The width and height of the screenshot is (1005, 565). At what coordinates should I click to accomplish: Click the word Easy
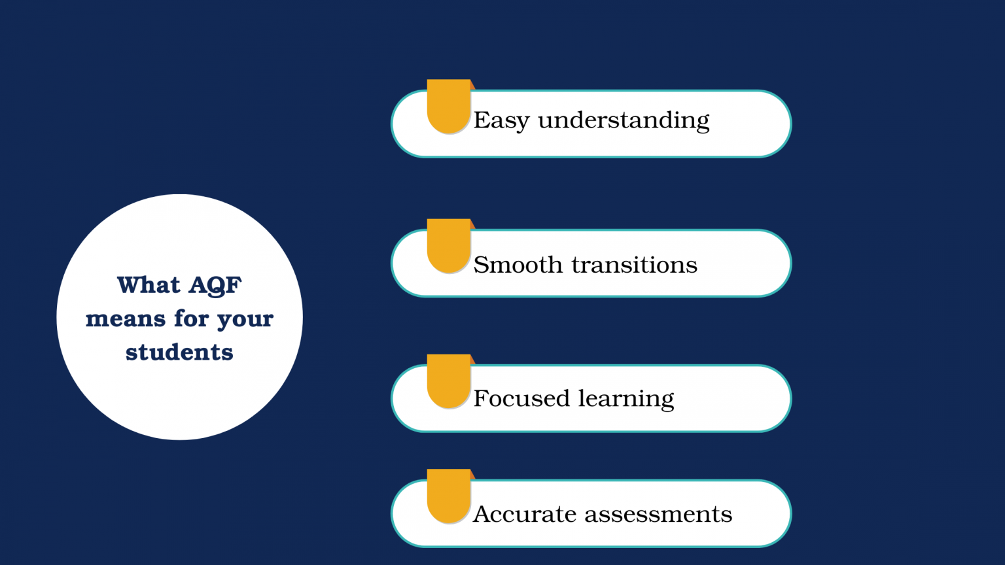coord(502,120)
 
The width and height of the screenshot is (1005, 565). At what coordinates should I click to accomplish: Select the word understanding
coord(624,120)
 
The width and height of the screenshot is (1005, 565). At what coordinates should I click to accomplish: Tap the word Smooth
coord(518,264)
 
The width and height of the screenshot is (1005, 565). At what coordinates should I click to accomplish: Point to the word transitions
coord(635,265)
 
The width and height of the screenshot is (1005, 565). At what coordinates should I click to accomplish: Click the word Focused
coord(521,398)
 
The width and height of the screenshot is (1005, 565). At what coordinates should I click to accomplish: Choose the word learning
coord(626,399)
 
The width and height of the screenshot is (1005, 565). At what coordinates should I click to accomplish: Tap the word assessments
coord(658,515)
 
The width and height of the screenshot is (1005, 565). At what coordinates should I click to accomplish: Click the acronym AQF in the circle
coord(215,286)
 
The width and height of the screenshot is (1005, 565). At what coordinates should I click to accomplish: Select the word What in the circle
coord(149,285)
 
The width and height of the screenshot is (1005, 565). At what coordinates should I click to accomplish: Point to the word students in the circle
coord(179,352)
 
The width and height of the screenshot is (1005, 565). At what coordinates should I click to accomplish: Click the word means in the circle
coord(126,319)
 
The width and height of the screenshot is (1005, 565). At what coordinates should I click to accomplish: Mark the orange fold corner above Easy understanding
coord(472,86)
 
